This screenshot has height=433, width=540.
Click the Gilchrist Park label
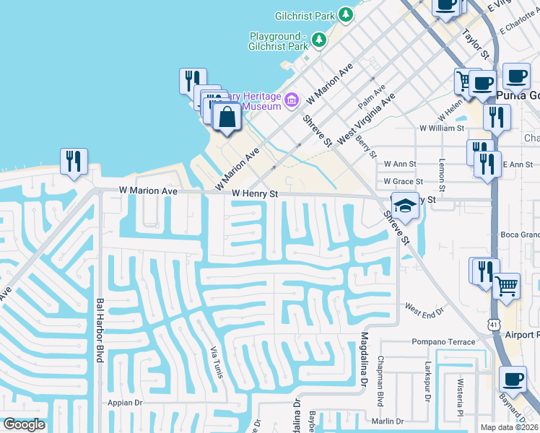tap(305, 15)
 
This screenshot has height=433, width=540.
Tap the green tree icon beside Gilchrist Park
tap(346, 14)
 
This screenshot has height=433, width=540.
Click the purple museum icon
tap(292, 100)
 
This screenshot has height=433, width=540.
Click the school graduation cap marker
tap(405, 206)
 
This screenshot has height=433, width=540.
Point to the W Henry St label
tap(255, 194)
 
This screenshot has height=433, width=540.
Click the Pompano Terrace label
tap(442, 341)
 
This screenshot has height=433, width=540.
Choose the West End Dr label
tap(423, 310)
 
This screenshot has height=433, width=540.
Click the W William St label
tap(442, 128)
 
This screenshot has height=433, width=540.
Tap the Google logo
tap(24, 424)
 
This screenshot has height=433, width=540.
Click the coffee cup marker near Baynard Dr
tap(513, 379)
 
